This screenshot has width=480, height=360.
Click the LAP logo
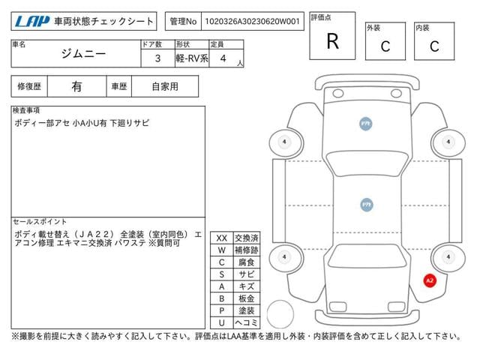32,21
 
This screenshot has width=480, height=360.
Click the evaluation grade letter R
332,40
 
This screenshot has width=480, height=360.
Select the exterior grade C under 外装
385,46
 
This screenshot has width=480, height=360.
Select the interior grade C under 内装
434,46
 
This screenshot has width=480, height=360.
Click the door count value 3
157,57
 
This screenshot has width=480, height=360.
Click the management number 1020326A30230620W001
252,22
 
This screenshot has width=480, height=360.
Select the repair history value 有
76,86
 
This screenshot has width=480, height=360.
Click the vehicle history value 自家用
165,86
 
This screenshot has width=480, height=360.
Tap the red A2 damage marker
430,280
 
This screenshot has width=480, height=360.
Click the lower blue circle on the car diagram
366,204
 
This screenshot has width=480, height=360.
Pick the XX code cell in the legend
221,238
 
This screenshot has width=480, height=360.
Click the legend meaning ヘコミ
247,322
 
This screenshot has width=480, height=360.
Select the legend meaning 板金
247,298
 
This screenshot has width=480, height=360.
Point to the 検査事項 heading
26,111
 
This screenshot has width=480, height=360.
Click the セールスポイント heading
40,222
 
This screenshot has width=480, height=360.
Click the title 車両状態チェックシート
104,22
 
